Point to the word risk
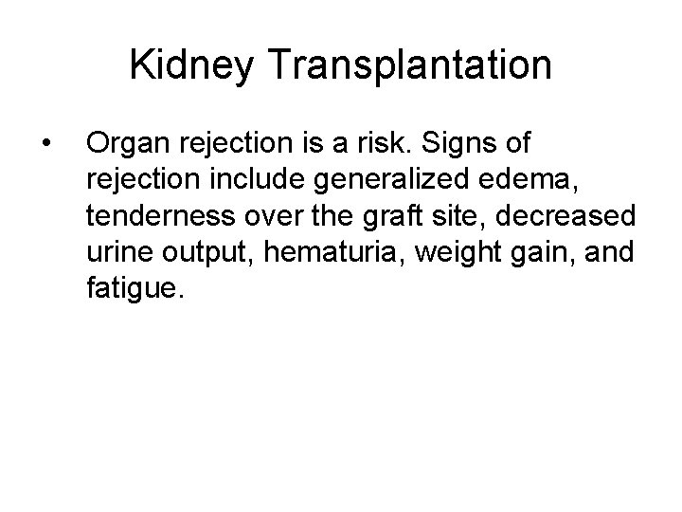390,144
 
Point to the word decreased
567,215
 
